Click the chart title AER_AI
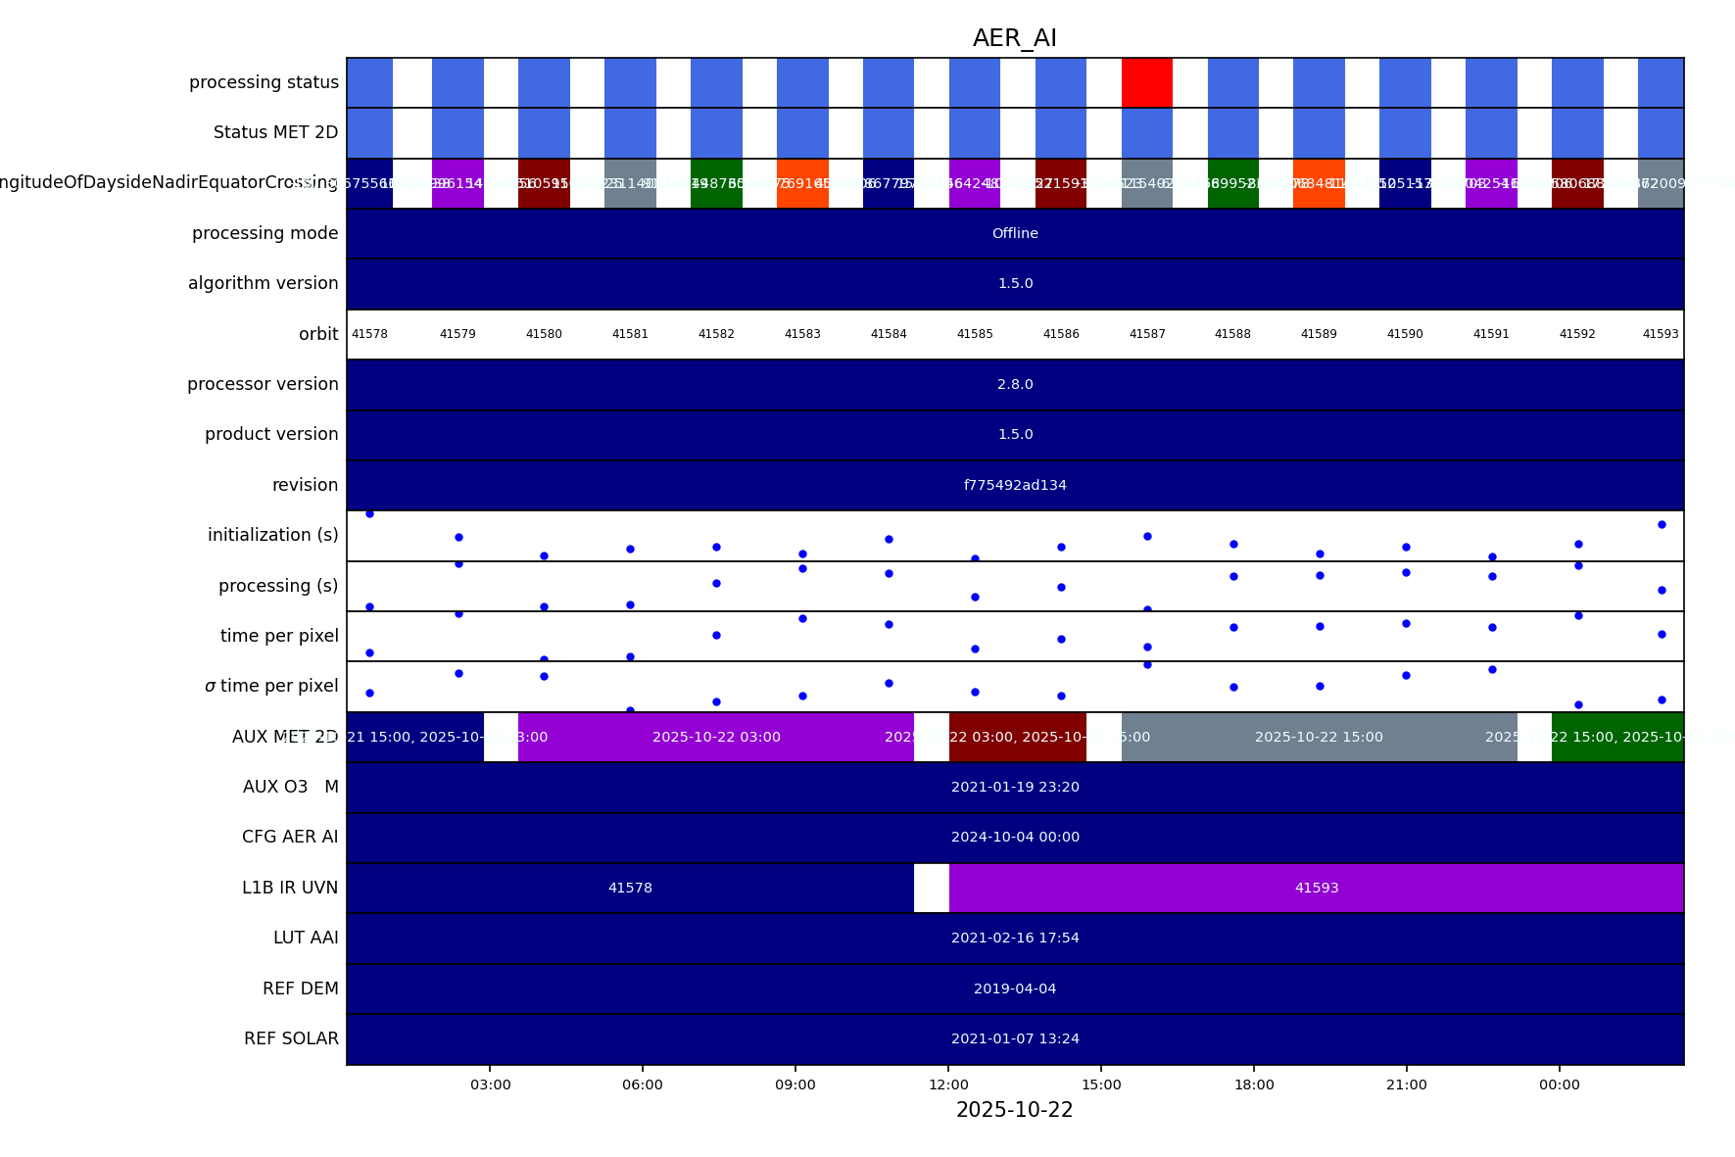coord(1014,39)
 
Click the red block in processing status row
coord(1146,82)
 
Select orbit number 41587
coord(1147,334)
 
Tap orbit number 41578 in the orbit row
coord(369,334)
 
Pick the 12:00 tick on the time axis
coord(948,1085)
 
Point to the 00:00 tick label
coord(1559,1085)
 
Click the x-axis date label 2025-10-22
coord(1014,1110)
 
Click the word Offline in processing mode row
coord(1015,233)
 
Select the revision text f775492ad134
coord(1015,485)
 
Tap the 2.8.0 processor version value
coord(1015,384)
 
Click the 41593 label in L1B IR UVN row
coord(1316,888)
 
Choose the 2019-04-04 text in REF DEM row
coord(1015,988)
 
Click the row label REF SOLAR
coord(291,1038)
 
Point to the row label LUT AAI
coord(306,938)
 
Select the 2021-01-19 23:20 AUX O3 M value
coord(1015,787)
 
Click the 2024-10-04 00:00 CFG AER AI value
coord(1015,837)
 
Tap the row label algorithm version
coord(263,283)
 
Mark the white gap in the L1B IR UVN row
coord(931,888)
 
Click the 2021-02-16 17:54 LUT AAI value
coord(1015,938)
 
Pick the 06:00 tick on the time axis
coord(643,1085)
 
